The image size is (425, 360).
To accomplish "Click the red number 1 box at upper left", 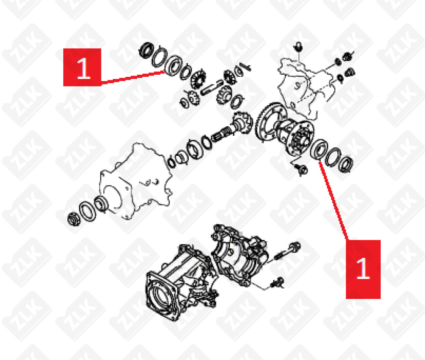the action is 82,67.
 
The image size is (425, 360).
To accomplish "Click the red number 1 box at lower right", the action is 363,269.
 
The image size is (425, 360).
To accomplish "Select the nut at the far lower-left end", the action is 73,219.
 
